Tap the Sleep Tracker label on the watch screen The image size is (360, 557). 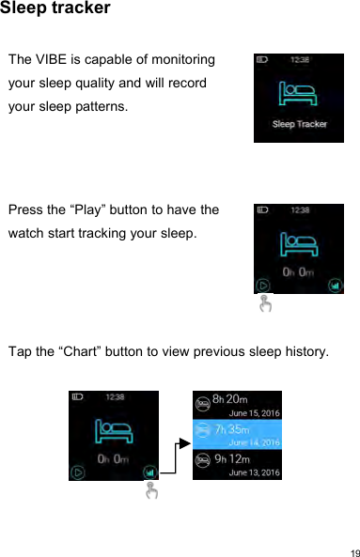coord(299,124)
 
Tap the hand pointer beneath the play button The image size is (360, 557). coord(265,303)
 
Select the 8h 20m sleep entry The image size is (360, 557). coord(231,399)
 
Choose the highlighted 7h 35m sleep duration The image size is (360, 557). coord(231,428)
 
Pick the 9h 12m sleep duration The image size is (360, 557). coord(231,458)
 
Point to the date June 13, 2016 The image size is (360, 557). coord(255,472)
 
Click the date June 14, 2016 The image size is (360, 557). coord(255,442)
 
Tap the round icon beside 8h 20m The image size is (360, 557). coord(202,405)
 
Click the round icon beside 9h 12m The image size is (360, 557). coord(202,464)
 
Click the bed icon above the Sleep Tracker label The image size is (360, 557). coord(298,95)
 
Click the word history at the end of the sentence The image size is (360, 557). coord(305,351)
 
